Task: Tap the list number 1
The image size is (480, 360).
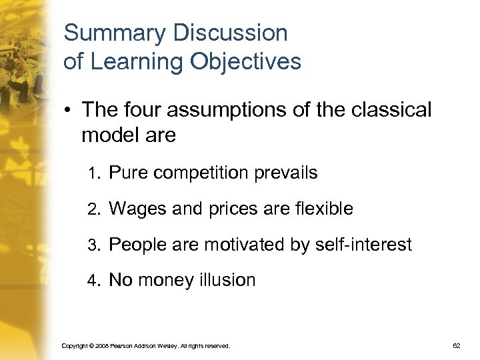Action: tap(93, 175)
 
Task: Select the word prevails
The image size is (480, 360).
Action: tap(286, 173)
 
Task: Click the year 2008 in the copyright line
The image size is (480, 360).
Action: tap(101, 346)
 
